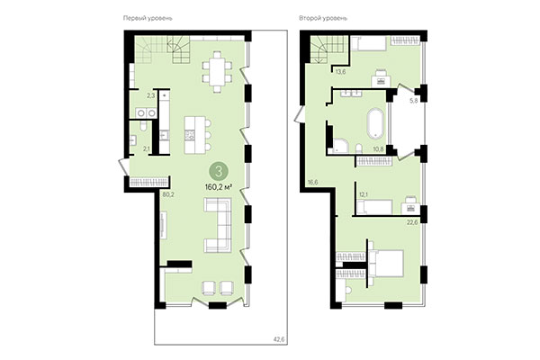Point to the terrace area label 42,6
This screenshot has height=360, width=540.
[x=265, y=339]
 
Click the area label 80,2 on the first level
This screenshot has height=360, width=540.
[x=167, y=193]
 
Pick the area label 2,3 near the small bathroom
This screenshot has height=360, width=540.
[x=152, y=94]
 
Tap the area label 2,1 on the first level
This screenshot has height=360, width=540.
[x=148, y=149]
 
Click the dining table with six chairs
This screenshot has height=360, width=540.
[x=217, y=71]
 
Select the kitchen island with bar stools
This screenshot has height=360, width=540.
[x=193, y=133]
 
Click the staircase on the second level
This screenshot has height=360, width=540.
[x=327, y=46]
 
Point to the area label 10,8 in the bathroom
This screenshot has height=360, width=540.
[x=378, y=148]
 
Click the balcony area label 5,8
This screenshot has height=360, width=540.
[x=414, y=100]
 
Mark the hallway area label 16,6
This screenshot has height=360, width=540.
[x=312, y=182]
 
